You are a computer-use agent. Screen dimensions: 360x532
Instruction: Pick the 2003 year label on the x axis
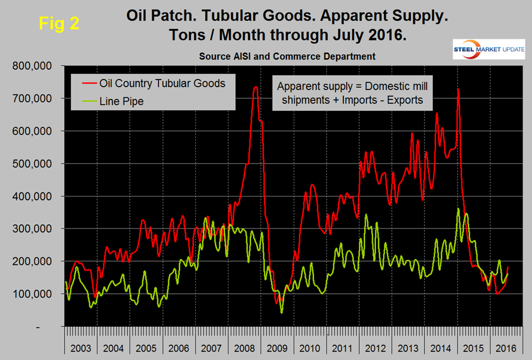click(x=81, y=349)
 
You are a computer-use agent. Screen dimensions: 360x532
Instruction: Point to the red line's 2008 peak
click(x=255, y=87)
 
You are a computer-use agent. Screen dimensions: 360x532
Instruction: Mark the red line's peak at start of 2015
click(x=458, y=89)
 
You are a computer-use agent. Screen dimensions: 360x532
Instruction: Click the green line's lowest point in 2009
click(x=281, y=312)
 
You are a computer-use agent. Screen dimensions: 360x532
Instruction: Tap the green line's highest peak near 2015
click(x=458, y=209)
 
